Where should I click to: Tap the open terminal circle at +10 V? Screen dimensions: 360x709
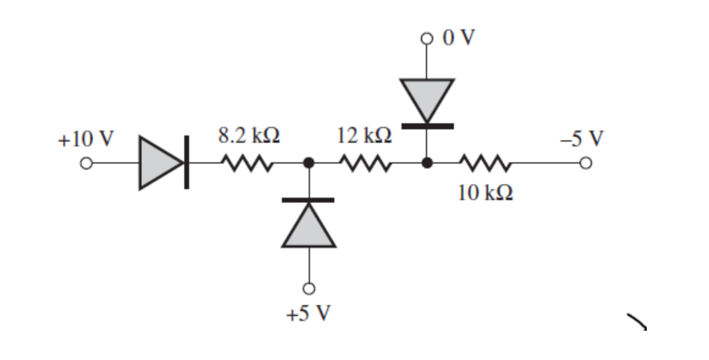pos(87,164)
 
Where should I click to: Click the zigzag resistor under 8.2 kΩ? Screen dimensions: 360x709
pos(247,163)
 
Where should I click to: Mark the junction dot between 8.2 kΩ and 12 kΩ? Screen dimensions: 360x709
pos(309,163)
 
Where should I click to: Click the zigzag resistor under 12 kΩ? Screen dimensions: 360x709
pos(365,163)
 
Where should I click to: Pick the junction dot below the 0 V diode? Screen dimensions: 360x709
pos(427,163)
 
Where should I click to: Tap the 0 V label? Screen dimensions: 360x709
pos(458,38)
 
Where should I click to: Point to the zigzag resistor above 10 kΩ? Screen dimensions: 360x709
pos(484,163)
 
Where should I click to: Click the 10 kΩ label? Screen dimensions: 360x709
pos(485,193)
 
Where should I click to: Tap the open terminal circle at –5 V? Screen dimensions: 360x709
pos(585,164)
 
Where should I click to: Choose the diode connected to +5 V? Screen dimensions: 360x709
pos(309,223)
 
